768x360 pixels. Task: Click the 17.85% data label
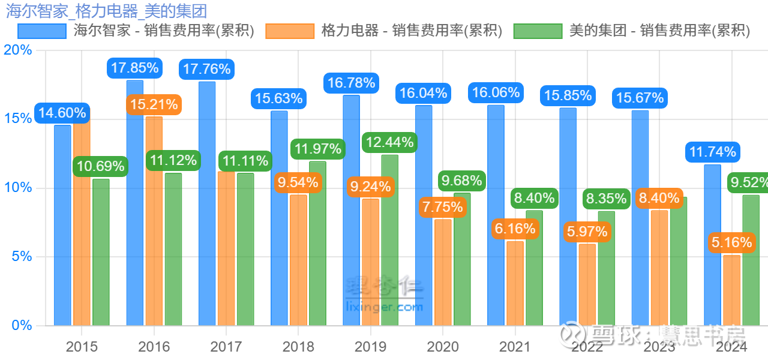(x=134, y=68)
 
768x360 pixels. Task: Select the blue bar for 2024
(x=712, y=246)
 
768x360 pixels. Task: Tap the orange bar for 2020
(x=443, y=273)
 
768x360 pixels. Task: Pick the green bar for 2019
(x=390, y=240)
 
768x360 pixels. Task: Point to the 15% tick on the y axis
(x=17, y=119)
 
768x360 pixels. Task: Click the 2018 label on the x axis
(x=298, y=347)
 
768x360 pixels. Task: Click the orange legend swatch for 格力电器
(x=290, y=31)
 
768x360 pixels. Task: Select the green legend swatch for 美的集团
(x=538, y=31)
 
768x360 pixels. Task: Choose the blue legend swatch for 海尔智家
(x=42, y=31)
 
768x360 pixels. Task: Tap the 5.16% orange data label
(x=731, y=242)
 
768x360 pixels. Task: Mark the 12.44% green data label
(x=389, y=142)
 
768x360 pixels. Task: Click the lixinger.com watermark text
(x=385, y=307)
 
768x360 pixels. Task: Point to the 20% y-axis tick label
(x=17, y=50)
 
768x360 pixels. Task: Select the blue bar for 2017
(x=207, y=204)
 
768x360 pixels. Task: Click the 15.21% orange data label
(x=154, y=105)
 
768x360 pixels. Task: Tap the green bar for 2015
(x=101, y=252)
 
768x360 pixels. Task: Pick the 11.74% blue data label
(x=712, y=152)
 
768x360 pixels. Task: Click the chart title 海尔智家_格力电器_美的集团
(x=106, y=10)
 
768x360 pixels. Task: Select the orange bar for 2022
(x=587, y=285)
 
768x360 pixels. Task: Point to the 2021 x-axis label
(x=515, y=347)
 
